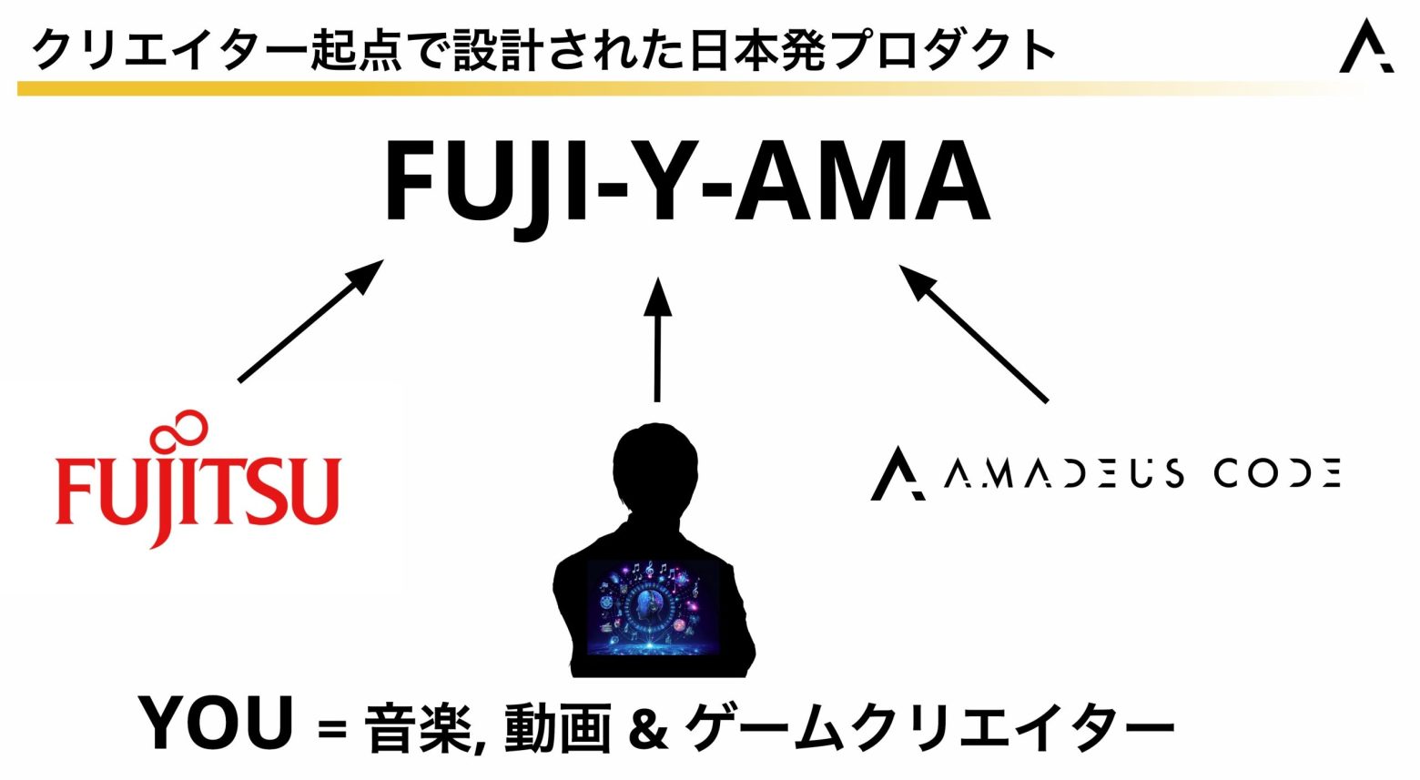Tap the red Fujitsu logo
pyautogui.click(x=198, y=491)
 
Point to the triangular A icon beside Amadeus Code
pyautogui.click(x=897, y=473)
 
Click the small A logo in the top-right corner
pyautogui.click(x=1365, y=46)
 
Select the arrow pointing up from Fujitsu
pyautogui.click(x=309, y=320)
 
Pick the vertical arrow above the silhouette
pyautogui.click(x=657, y=339)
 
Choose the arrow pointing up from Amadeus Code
pyautogui.click(x=973, y=333)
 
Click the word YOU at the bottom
pyautogui.click(x=217, y=724)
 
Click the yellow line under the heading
pyautogui.click(x=637, y=88)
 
